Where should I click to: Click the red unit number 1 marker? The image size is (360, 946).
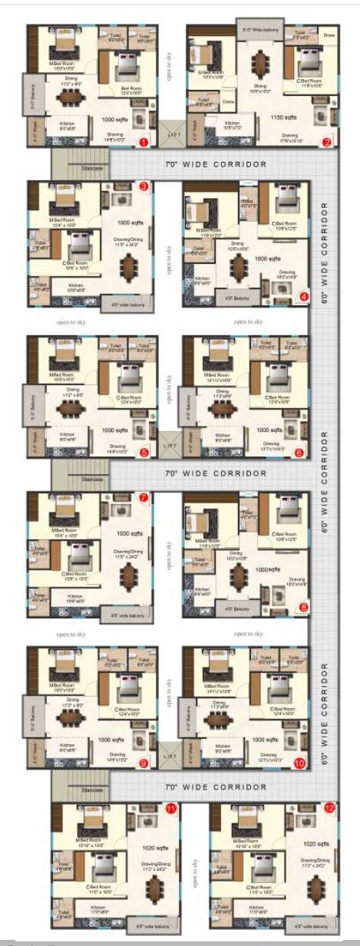tap(142, 142)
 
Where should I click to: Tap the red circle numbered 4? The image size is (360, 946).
tap(304, 296)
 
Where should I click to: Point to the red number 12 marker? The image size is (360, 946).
tap(329, 808)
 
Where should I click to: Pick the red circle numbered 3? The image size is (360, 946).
tap(144, 186)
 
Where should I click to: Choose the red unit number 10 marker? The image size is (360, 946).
tap(299, 763)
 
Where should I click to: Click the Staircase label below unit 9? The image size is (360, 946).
tap(92, 789)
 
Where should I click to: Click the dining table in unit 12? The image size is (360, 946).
tap(312, 890)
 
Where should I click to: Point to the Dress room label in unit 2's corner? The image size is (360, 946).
tap(329, 35)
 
